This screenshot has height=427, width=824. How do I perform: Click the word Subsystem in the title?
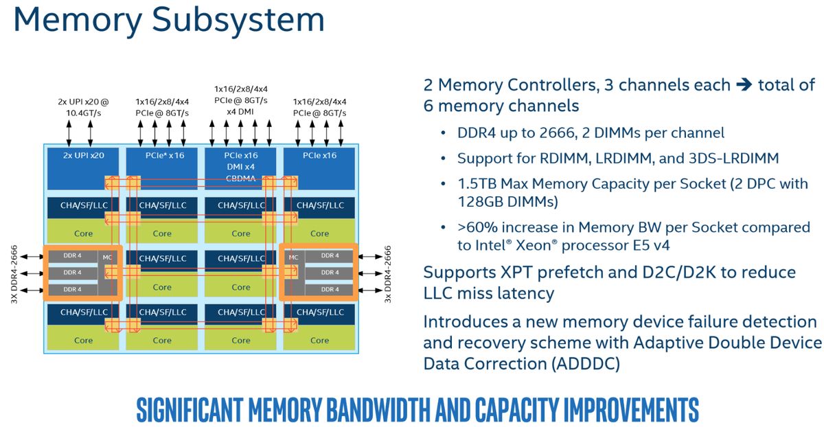[x=238, y=21]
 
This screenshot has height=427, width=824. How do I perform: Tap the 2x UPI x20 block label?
[x=84, y=155]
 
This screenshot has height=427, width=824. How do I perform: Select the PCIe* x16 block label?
[x=165, y=155]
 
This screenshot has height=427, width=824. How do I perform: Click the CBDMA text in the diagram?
[x=240, y=178]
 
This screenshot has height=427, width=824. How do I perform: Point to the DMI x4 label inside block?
[x=240, y=167]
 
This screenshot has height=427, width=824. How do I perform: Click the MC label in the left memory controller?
[x=107, y=257]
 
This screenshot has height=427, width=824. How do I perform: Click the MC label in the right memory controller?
[x=294, y=257]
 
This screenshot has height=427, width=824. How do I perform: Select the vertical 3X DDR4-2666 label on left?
[x=14, y=274]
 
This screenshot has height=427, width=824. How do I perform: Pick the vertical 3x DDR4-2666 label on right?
[x=388, y=274]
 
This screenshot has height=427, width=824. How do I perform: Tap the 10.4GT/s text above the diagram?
[x=84, y=113]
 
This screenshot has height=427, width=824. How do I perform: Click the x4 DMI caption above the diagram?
[x=240, y=111]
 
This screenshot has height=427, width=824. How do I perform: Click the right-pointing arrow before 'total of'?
[x=744, y=85]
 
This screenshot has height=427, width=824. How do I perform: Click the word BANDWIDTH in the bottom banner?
[x=378, y=409]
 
